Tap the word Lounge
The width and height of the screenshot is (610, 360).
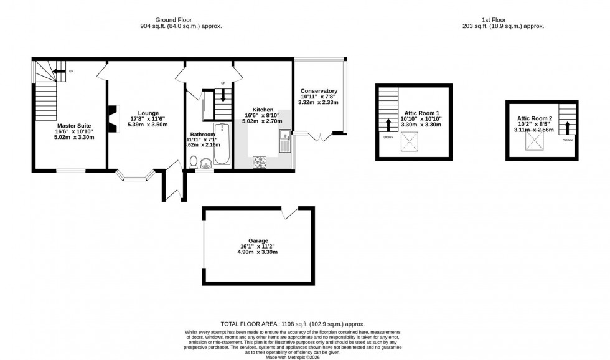pos(148,113)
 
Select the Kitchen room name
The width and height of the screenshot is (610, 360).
pos(263,109)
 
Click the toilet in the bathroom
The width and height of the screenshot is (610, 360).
pos(194,162)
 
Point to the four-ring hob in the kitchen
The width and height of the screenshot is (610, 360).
pos(260,163)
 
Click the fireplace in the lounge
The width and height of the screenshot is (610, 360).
pos(113,119)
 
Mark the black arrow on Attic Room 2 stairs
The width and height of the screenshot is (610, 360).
pos(567,129)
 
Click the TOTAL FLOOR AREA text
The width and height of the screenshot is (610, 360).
pos(293,324)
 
